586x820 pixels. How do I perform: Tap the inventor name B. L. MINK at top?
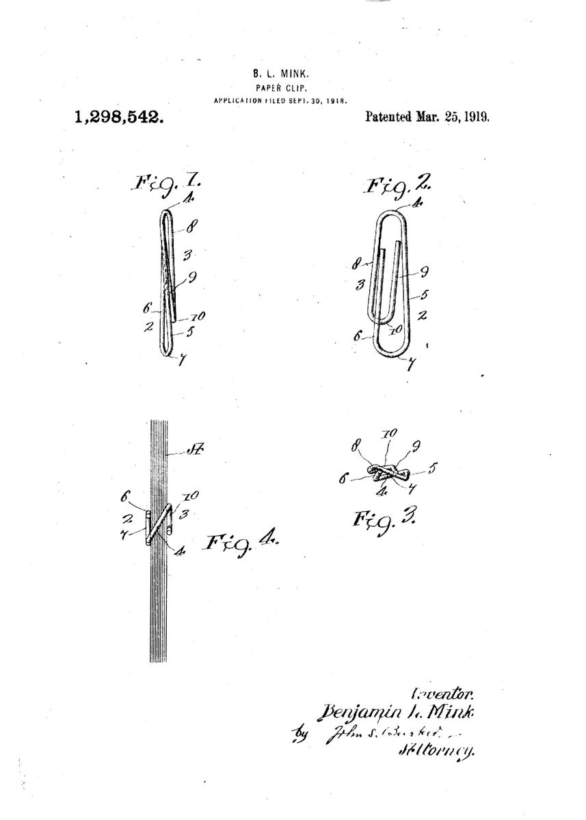click(279, 72)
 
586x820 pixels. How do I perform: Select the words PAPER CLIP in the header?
click(279, 87)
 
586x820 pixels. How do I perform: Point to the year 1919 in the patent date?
click(477, 116)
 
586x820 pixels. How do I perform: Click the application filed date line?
click(281, 100)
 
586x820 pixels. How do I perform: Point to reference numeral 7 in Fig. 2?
click(410, 365)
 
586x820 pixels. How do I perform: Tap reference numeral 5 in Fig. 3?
click(434, 469)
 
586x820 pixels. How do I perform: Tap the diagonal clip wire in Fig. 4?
click(159, 524)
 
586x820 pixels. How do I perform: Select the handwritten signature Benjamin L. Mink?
click(401, 712)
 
